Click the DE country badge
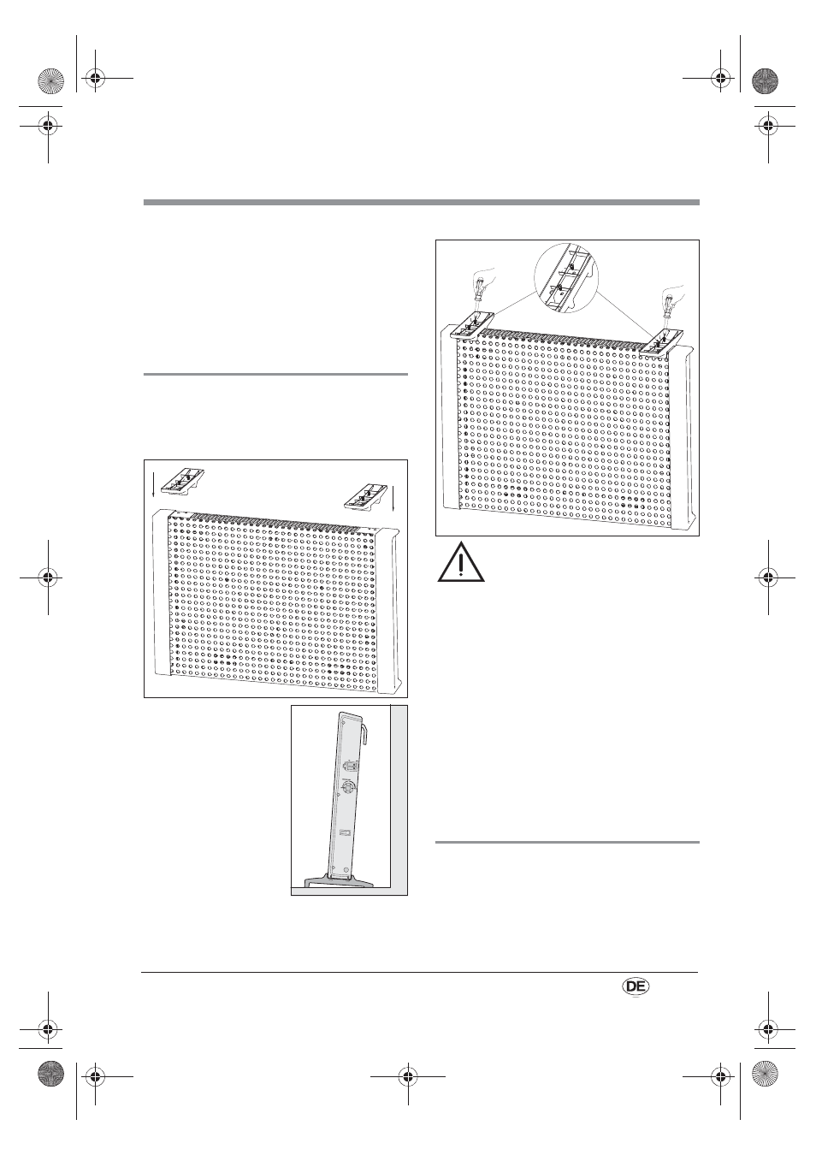(x=636, y=986)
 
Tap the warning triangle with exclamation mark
(x=461, y=563)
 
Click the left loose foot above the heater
(x=183, y=482)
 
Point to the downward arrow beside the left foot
(x=153, y=484)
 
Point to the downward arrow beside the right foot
(x=393, y=499)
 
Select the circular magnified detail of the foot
(x=566, y=278)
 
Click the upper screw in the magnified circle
(x=571, y=266)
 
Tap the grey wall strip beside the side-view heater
(x=399, y=797)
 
